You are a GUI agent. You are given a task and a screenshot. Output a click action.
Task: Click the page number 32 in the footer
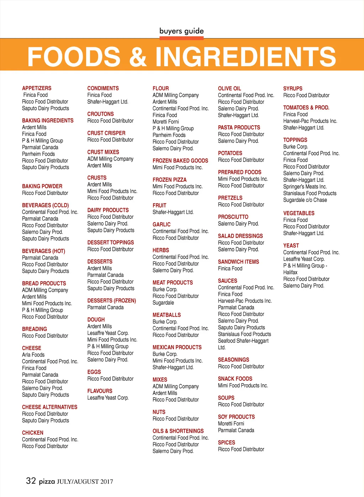point(31,481)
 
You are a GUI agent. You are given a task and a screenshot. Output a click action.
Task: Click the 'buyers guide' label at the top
point(181,31)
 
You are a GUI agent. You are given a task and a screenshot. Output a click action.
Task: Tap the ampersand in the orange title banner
point(138,57)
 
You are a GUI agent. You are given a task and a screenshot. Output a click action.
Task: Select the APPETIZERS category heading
point(37,88)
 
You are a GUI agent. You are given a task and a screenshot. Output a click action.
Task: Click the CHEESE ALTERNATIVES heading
point(49,407)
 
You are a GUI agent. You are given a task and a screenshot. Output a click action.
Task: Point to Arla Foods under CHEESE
point(33,355)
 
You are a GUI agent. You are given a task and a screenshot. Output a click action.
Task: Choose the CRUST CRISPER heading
point(106,133)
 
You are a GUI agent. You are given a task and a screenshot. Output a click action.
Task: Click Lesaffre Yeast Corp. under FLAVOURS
point(108,398)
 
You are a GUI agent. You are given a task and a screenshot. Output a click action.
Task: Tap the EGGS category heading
point(94,372)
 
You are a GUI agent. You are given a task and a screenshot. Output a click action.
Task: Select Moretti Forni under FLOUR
point(166,122)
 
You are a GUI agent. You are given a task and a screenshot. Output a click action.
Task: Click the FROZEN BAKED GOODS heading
point(180,161)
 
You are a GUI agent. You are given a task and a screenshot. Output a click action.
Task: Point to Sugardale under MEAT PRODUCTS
point(163,303)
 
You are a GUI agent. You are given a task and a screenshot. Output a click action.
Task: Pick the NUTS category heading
point(159,412)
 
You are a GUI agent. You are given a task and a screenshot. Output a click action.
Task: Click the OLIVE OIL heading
point(229,89)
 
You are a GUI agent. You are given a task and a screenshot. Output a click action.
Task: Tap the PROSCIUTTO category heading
point(233,217)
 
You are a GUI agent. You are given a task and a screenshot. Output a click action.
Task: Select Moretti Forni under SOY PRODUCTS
point(231,424)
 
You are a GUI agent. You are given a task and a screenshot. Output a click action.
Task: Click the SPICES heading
point(226,443)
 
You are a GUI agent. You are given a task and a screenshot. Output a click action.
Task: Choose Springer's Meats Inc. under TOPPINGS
point(305,187)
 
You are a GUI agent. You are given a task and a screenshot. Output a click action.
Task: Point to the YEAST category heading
point(291,245)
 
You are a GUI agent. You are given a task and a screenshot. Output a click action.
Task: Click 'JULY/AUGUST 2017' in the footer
point(85,482)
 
